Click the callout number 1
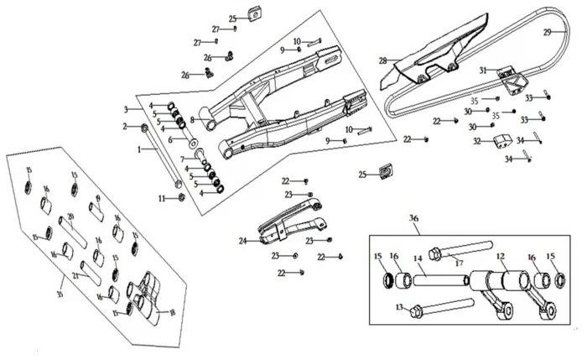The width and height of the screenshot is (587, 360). tap(140, 149)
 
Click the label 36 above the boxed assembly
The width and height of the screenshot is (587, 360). tap(413, 218)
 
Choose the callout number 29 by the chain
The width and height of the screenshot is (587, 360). tap(547, 33)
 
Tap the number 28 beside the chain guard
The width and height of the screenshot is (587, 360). tap(382, 60)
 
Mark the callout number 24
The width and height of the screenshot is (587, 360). tap(242, 241)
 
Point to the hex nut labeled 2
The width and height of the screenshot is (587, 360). tap(146, 128)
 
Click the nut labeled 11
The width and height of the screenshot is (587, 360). tap(182, 198)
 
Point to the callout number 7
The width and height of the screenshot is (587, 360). tap(181, 159)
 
